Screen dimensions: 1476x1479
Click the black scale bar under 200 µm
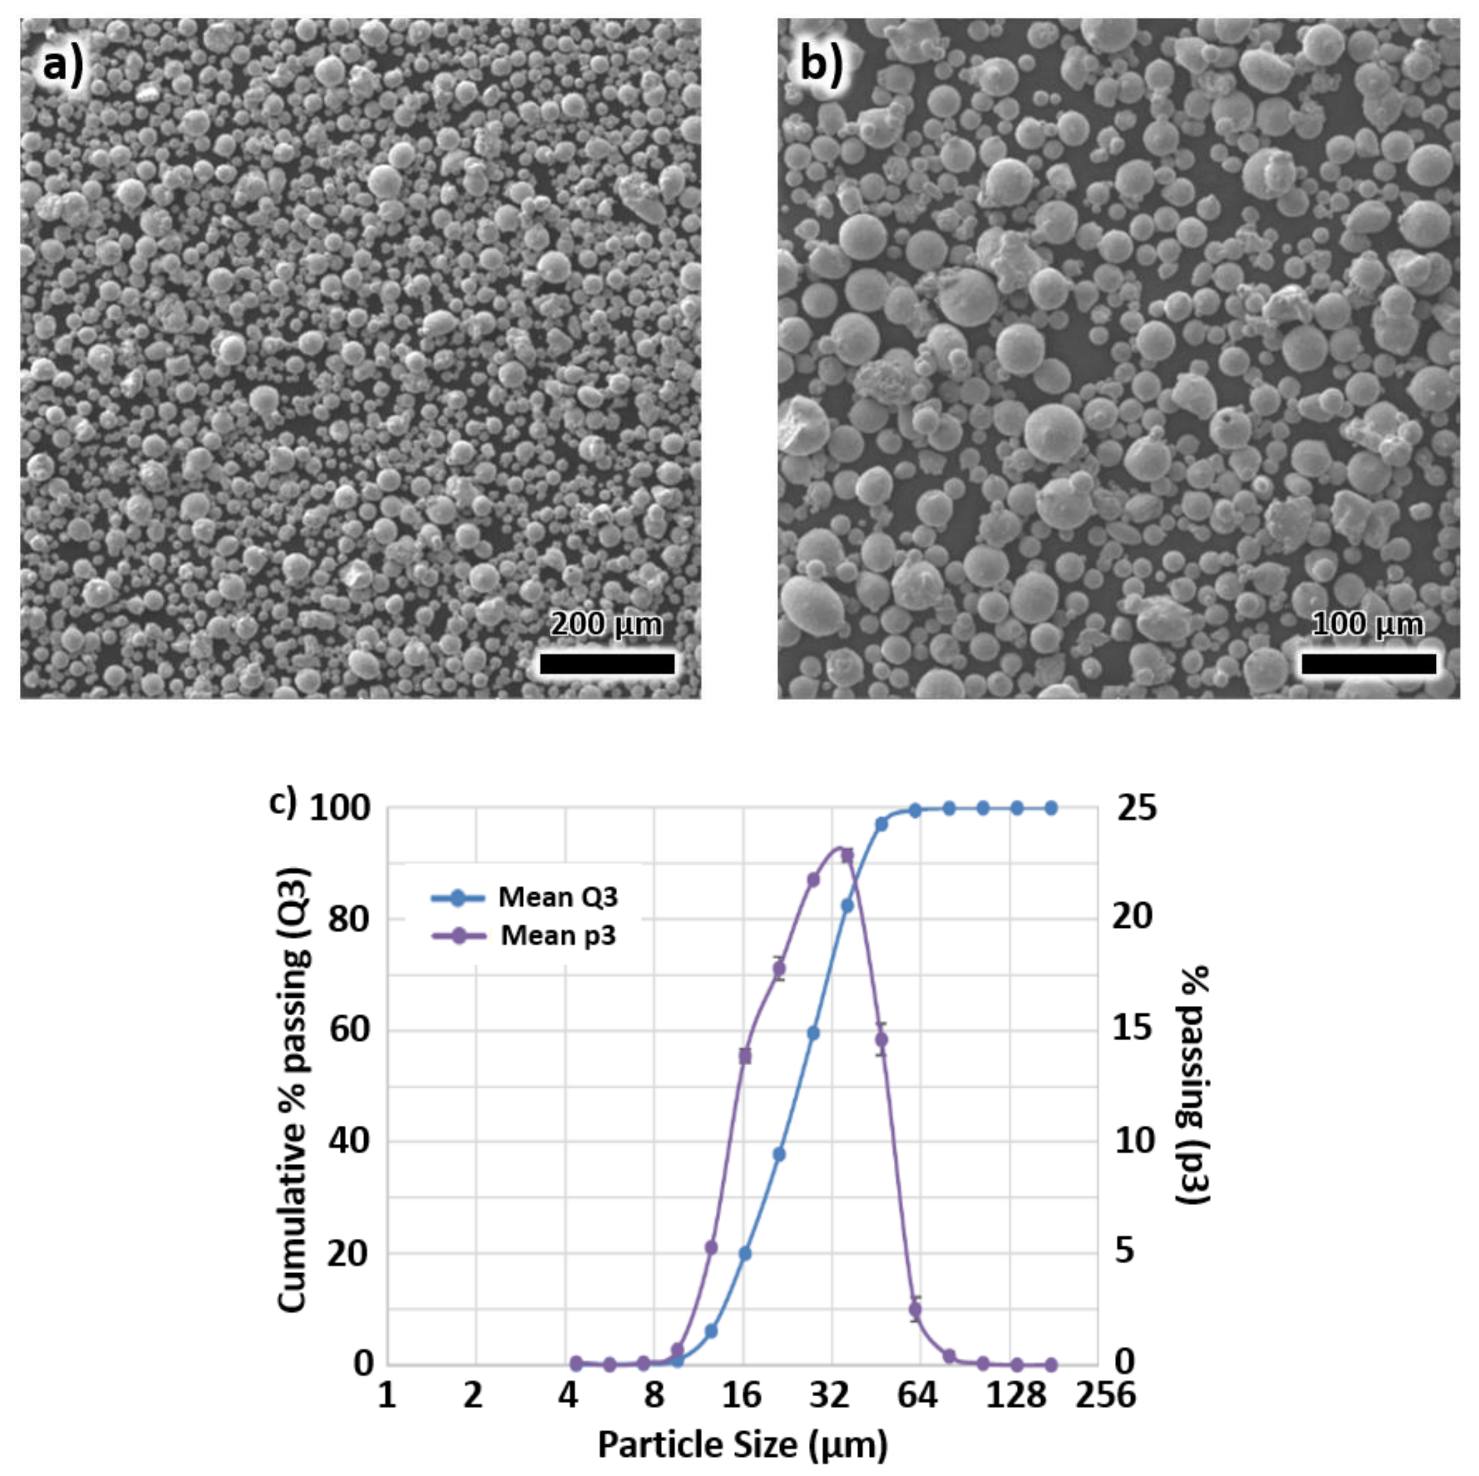(607, 663)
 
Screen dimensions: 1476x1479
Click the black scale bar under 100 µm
(1368, 663)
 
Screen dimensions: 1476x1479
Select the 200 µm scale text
(606, 624)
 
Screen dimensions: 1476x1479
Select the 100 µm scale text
(1367, 624)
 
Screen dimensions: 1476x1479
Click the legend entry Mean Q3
(557, 896)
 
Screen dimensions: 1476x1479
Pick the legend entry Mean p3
(557, 936)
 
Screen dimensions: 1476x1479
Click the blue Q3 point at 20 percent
(745, 1253)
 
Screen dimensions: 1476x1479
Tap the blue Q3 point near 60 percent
(813, 1034)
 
